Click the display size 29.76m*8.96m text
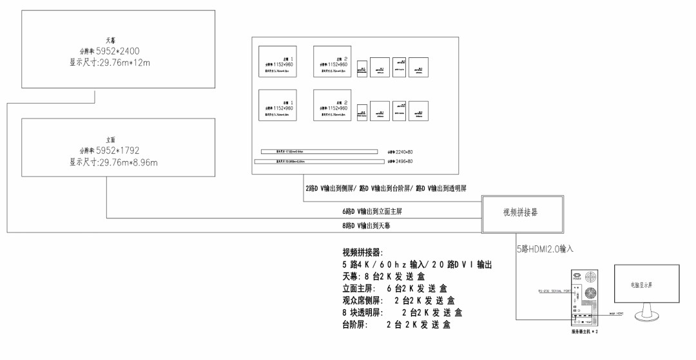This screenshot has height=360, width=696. click(113, 162)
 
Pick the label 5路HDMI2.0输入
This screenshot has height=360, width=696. click(545, 248)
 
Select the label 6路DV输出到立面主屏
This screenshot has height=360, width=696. click(376, 211)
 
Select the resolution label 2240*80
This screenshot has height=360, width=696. click(400, 151)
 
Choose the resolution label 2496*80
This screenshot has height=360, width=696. click(400, 160)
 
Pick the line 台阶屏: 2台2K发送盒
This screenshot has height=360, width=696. click(396, 325)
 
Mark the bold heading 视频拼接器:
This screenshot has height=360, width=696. click(363, 252)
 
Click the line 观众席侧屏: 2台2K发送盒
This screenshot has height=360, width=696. click(398, 301)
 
